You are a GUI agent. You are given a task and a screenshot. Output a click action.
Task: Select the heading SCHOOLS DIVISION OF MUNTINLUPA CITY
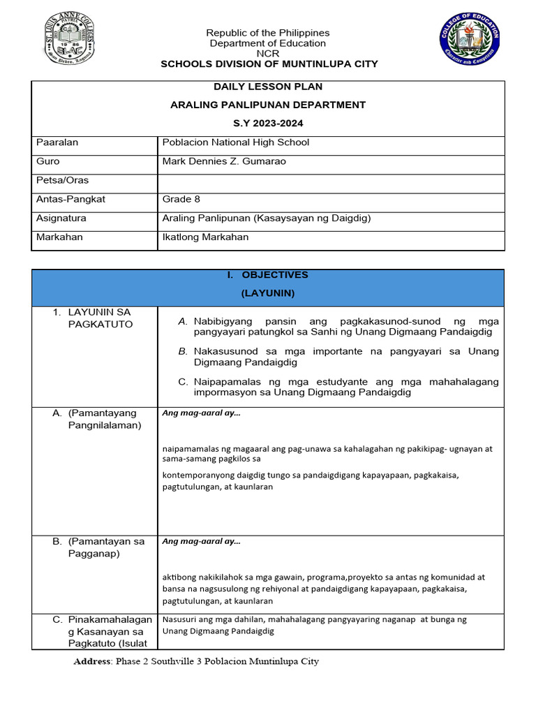click(269, 64)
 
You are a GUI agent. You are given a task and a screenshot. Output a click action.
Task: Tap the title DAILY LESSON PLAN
click(268, 87)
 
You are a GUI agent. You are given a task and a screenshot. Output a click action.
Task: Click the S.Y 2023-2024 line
click(268, 123)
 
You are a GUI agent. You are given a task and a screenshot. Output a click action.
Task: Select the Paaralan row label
click(57, 142)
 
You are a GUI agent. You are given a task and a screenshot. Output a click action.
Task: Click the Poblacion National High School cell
click(235, 142)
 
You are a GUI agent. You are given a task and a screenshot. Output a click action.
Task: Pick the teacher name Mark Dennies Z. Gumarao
click(224, 161)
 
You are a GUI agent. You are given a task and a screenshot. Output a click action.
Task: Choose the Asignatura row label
click(61, 218)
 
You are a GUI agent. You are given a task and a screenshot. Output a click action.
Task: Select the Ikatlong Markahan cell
click(205, 237)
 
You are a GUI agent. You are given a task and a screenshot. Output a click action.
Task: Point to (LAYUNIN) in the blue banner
click(268, 293)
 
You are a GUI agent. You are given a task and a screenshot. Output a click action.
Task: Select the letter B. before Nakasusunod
click(183, 351)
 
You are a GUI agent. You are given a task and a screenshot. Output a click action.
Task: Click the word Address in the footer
click(92, 661)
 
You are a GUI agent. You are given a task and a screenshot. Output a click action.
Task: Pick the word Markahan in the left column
click(59, 237)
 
